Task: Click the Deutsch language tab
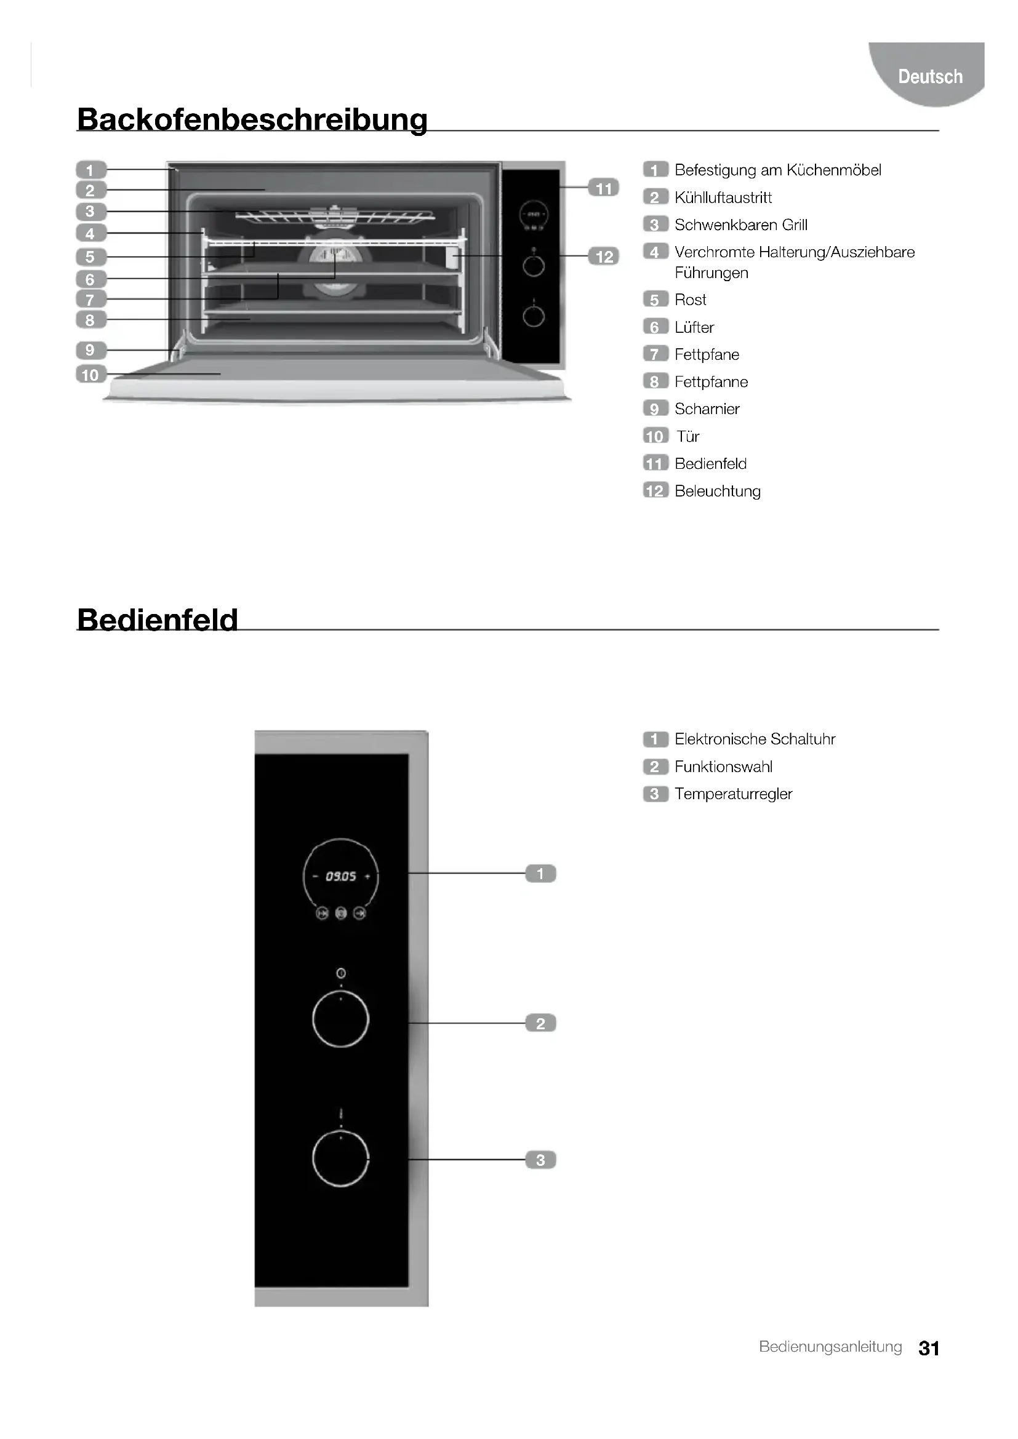[x=929, y=76]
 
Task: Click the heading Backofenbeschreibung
[x=252, y=119]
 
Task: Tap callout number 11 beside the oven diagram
[x=603, y=188]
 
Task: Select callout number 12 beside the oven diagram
[x=604, y=257]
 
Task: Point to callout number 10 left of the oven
[x=90, y=375]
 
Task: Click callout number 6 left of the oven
[x=90, y=279]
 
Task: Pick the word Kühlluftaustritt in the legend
[x=723, y=197]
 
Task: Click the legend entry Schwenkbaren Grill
[x=740, y=225]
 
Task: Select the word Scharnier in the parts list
[x=707, y=409]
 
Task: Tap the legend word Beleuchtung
[x=717, y=491]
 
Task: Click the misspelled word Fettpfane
[x=707, y=354]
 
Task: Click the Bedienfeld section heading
[x=158, y=620]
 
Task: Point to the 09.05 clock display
[x=340, y=876]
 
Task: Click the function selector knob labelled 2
[x=340, y=1019]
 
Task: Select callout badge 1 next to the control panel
[x=540, y=873]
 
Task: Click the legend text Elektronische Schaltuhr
[x=754, y=739]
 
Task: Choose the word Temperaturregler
[x=733, y=794]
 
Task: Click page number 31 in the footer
[x=928, y=1348]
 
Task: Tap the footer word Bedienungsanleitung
[x=830, y=1347]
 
